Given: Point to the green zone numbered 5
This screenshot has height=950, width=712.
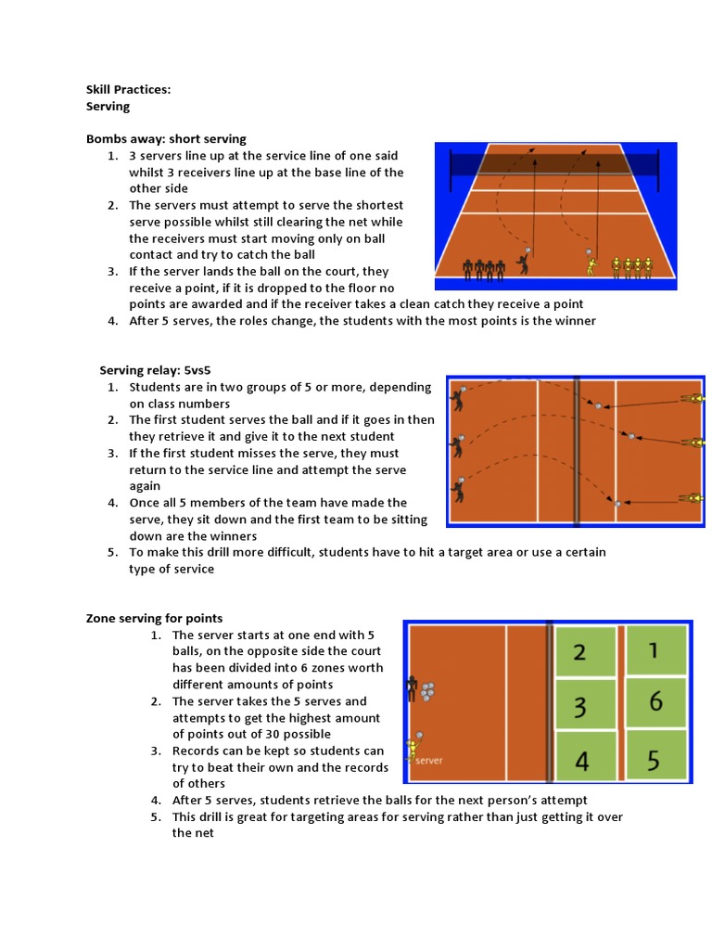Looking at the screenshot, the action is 655,761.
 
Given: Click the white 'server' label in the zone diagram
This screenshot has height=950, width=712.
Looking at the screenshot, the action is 429,761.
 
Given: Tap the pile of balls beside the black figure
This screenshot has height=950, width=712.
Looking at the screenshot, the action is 427,691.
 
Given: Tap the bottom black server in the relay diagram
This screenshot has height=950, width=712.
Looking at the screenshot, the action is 456,492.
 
